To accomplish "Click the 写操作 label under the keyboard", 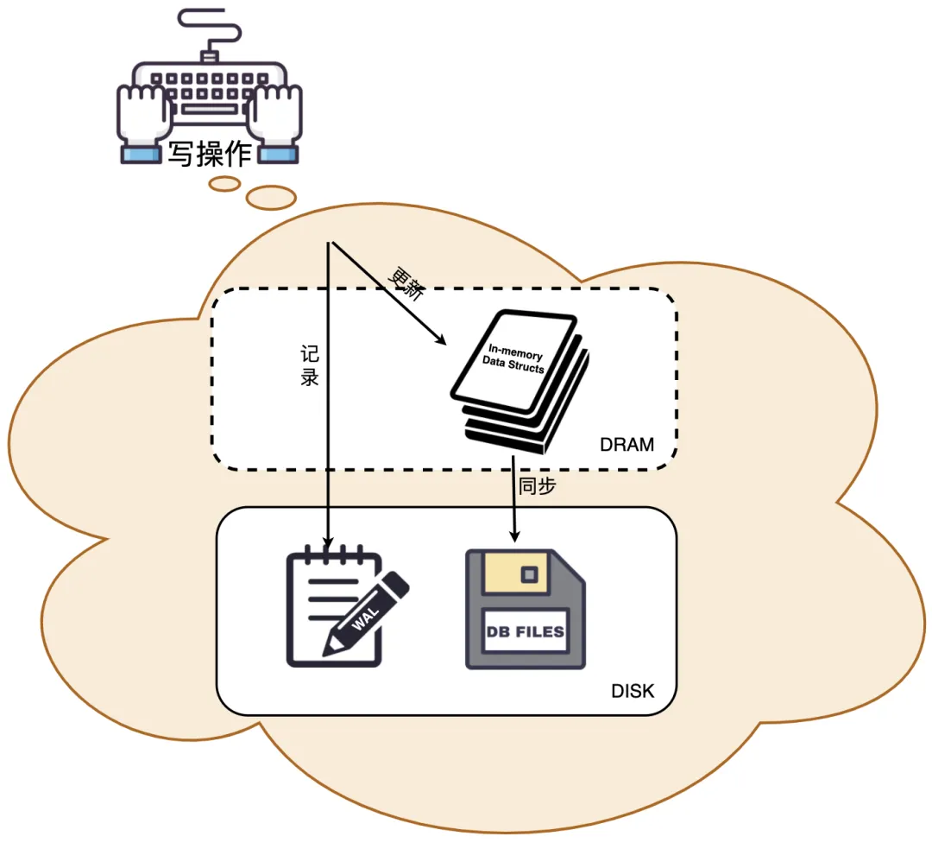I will [x=210, y=153].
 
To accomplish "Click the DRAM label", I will [x=627, y=446].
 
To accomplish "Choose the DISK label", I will [x=633, y=691].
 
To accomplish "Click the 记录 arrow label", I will [x=309, y=366].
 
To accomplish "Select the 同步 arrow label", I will [x=537, y=486].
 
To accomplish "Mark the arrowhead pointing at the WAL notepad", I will [x=327, y=541].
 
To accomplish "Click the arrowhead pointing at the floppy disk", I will [x=515, y=539].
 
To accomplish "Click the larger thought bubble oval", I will [x=271, y=198].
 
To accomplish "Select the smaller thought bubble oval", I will [x=225, y=183].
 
